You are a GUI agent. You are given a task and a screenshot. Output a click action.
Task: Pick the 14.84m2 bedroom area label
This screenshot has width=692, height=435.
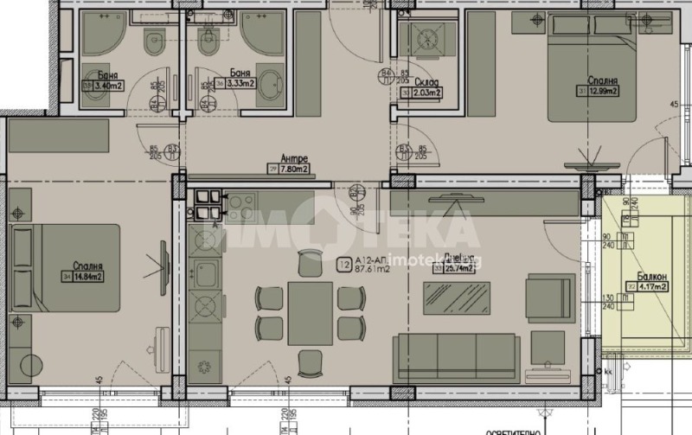pyautogui.click(x=86, y=277)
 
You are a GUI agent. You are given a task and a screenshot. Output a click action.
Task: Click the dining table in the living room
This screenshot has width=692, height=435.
pyautogui.click(x=311, y=311)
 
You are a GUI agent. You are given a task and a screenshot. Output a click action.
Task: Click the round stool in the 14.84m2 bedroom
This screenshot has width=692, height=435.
pyautogui.click(x=32, y=364)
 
